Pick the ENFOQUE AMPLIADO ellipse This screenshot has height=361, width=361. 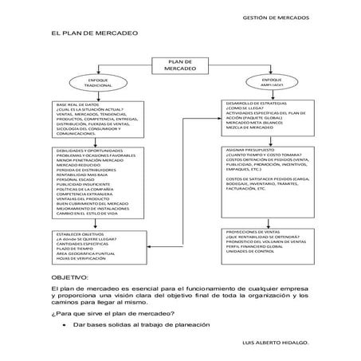point(272,81)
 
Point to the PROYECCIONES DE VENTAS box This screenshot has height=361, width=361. point(270,247)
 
